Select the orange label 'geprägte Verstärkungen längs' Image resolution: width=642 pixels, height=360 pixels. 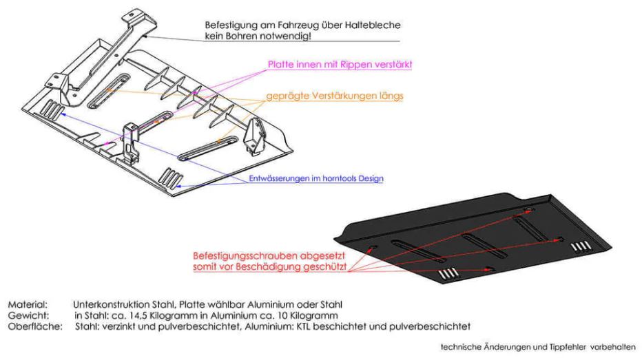335,96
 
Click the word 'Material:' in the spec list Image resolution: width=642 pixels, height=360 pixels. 27,304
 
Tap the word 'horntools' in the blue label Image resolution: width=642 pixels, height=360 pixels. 333,179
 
